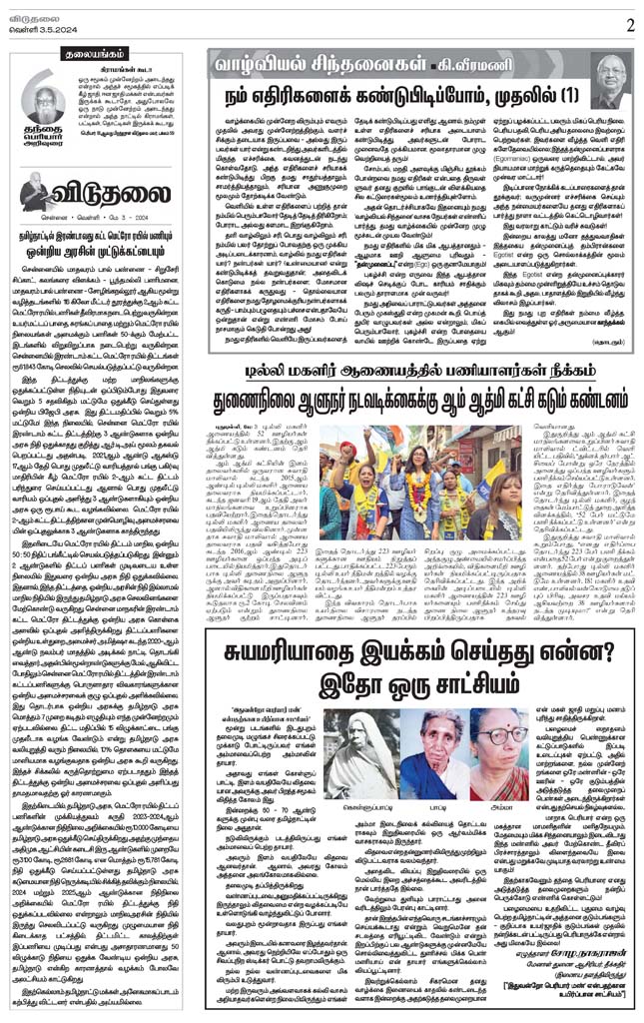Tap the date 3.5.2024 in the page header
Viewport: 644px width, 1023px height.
click(49, 29)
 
